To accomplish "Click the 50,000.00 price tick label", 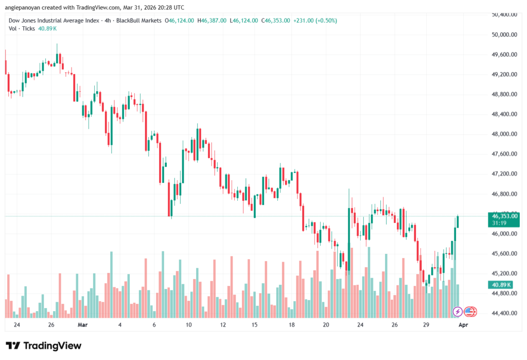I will (504, 35).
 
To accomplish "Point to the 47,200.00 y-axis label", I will (504, 174).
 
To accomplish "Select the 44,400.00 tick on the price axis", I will (504, 313).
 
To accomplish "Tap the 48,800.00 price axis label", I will (504, 94).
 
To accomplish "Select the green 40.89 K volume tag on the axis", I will (501, 285).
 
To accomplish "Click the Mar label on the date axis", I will (82, 325).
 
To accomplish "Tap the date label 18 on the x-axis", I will (292, 325).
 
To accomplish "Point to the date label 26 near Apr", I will (394, 325).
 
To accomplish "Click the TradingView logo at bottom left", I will (43, 346).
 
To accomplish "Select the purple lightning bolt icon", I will (457, 312).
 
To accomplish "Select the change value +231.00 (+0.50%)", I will (315, 20).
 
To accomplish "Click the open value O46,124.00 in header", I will (179, 20).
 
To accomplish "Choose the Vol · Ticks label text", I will (22, 29).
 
